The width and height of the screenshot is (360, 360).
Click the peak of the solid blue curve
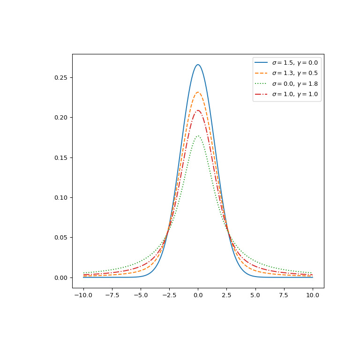pyautogui.click(x=198, y=65)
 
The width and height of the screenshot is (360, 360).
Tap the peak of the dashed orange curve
pyautogui.click(x=198, y=92)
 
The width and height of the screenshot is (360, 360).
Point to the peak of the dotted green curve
pyautogui.click(x=198, y=136)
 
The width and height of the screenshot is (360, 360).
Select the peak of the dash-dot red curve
pyautogui.click(x=198, y=110)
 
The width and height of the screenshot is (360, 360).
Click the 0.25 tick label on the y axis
pyautogui.click(x=60, y=77)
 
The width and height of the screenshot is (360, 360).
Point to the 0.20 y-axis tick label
pyautogui.click(x=60, y=117)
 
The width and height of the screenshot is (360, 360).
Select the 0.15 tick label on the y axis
pyautogui.click(x=60, y=157)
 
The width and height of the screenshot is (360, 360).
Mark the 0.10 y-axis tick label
pyautogui.click(x=60, y=197)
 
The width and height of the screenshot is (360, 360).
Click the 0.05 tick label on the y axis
pyautogui.click(x=60, y=237)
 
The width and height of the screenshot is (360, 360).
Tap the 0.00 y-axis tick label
pyautogui.click(x=60, y=277)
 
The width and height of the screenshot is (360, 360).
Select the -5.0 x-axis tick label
pyautogui.click(x=141, y=295)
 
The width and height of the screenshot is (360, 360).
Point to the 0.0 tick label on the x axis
pyautogui.click(x=198, y=295)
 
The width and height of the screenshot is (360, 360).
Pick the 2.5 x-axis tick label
pyautogui.click(x=227, y=295)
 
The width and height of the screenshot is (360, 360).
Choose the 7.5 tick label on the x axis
pyautogui.click(x=284, y=295)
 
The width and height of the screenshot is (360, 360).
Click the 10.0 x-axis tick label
pyautogui.click(x=313, y=295)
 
